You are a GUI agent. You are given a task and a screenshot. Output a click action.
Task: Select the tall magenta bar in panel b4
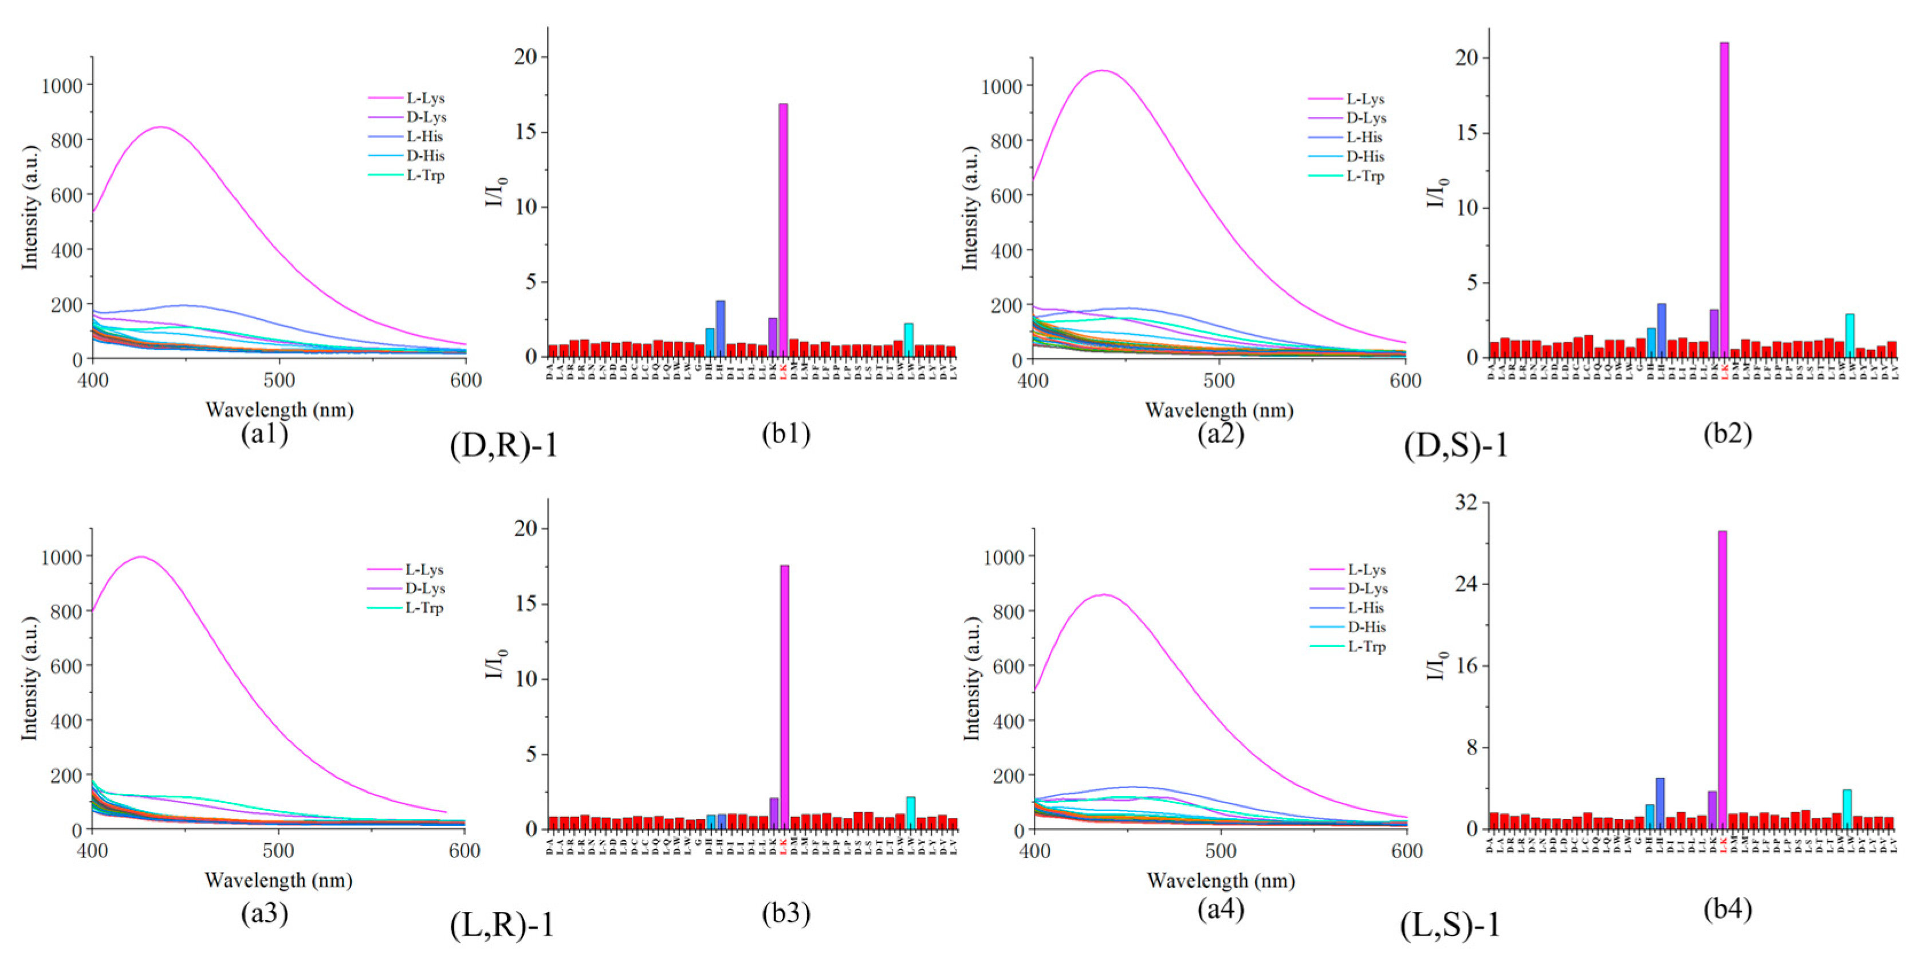(x=1722, y=679)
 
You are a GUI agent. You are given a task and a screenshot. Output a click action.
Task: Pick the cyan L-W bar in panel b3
(x=910, y=813)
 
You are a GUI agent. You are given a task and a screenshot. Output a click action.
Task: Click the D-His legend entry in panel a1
(x=425, y=156)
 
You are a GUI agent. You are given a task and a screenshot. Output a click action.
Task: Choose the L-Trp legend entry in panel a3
(x=423, y=608)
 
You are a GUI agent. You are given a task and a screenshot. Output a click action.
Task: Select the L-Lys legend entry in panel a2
(x=1365, y=99)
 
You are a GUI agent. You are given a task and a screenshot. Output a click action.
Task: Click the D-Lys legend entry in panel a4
(x=1367, y=589)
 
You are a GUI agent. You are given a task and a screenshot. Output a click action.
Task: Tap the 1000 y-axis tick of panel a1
(x=62, y=86)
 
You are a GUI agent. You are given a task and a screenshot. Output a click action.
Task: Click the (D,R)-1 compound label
(x=504, y=445)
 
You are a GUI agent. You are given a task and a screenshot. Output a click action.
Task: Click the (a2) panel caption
(x=1220, y=433)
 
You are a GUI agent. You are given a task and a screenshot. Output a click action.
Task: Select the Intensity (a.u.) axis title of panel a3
(x=29, y=679)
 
